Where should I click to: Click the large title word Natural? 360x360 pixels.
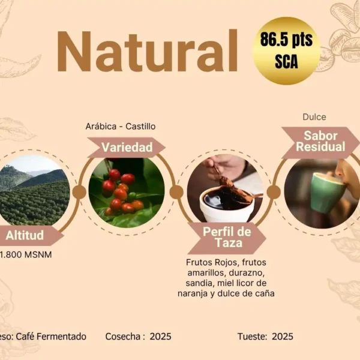[147, 51]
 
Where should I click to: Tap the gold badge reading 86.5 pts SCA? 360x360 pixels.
[286, 51]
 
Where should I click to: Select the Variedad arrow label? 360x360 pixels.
[127, 147]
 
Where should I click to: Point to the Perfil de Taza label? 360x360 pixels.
[227, 238]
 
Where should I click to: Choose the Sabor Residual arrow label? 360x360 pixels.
[320, 142]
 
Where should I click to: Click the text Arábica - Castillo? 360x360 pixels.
[121, 126]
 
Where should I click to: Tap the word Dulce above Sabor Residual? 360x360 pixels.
[314, 117]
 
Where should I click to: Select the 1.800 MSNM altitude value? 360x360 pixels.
[26, 254]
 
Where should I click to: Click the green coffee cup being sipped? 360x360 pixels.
[327, 192]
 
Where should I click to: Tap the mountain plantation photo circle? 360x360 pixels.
[34, 190]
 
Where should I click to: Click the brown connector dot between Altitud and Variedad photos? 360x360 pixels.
[79, 192]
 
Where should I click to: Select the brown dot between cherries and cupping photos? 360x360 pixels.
[176, 192]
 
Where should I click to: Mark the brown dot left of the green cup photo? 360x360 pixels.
[274, 192]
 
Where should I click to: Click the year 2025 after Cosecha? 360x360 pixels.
[160, 337]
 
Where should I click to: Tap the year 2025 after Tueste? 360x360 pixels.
[283, 337]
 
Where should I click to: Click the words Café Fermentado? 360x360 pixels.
[51, 337]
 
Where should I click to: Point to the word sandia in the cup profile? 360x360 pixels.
[199, 283]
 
